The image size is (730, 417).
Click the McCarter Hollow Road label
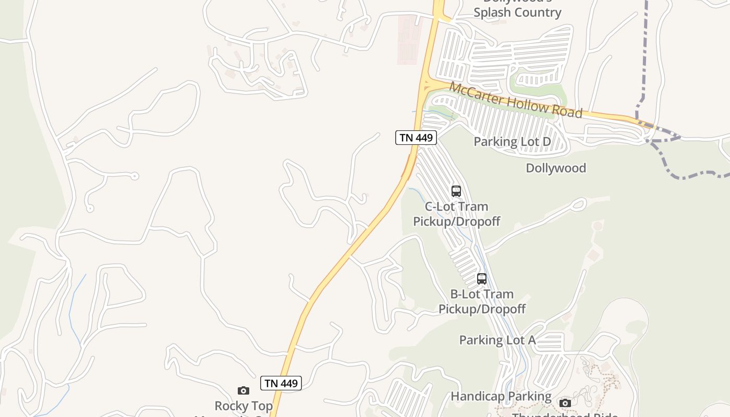coord(515,100)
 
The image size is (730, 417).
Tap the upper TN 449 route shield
coord(416,138)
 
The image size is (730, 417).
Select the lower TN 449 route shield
coord(281,383)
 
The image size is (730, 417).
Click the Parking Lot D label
coord(512,142)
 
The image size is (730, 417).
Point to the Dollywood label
coord(556,168)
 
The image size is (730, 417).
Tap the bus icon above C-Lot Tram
coord(456,191)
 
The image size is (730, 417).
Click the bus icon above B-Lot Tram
coord(482,278)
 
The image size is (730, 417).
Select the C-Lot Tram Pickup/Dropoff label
coord(456,214)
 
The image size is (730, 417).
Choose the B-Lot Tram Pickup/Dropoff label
coord(482,301)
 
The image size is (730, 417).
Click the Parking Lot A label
coord(497,340)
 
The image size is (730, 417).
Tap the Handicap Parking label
coord(501,396)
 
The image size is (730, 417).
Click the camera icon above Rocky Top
coord(244,390)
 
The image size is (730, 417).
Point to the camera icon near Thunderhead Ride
coord(565,402)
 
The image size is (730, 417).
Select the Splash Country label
coord(517,13)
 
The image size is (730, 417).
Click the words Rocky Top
coord(244,406)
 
